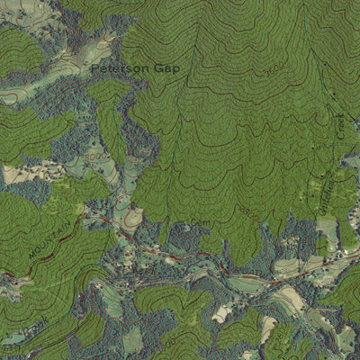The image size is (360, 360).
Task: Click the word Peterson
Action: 116,67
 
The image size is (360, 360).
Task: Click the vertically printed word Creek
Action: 342,126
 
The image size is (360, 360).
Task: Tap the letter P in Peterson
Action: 94,67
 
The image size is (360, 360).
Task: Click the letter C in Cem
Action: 193,222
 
